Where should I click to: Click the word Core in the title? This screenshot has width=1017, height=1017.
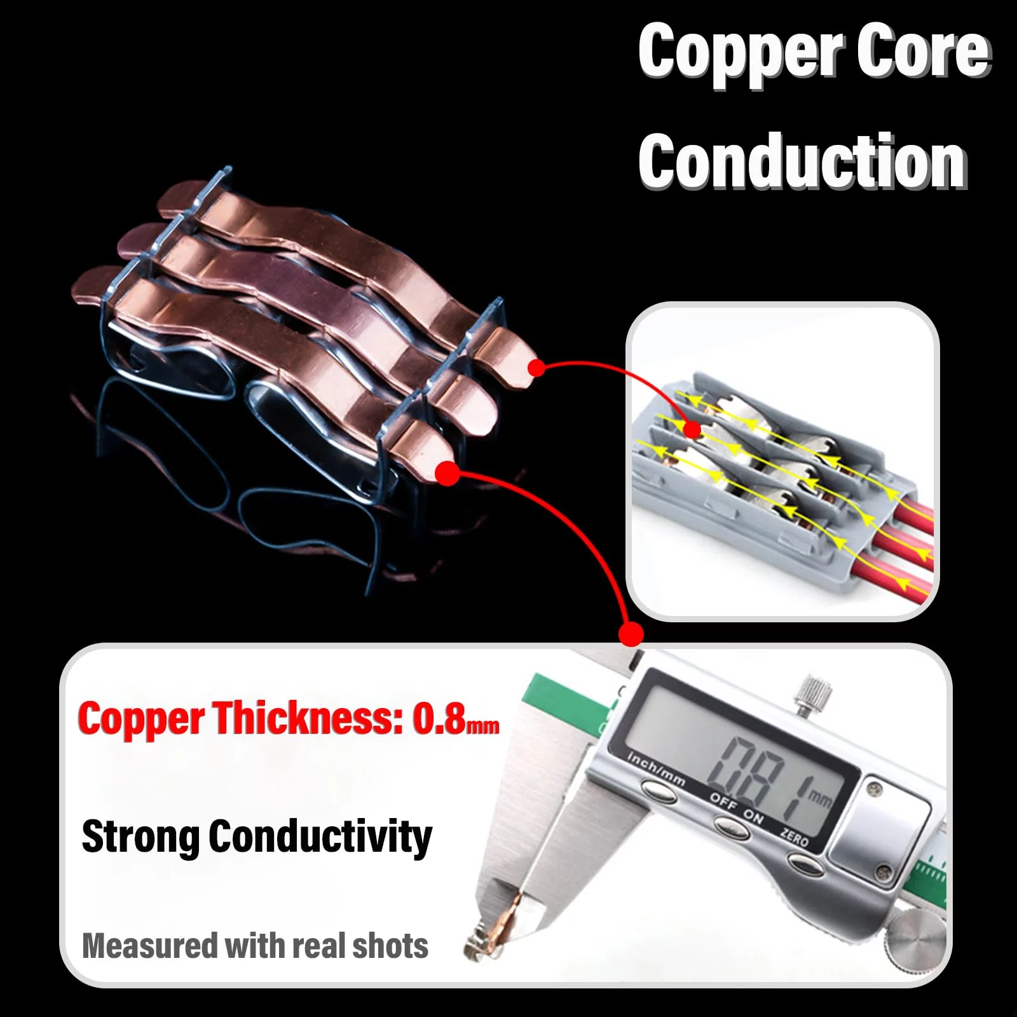tap(924, 51)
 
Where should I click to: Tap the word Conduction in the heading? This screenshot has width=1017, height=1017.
tap(802, 162)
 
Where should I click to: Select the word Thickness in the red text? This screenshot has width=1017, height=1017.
tap(308, 719)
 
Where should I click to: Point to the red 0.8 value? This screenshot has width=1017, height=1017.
tap(439, 719)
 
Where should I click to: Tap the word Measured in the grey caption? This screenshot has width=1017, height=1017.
tap(149, 946)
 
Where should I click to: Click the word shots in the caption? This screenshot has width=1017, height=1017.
tap(390, 946)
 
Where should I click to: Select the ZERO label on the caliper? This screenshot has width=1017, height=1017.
tap(795, 837)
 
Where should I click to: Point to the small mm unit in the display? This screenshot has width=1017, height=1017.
tap(819, 797)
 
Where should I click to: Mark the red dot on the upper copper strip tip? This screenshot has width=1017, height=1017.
tap(537, 367)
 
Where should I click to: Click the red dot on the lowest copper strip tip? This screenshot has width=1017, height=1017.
tap(447, 473)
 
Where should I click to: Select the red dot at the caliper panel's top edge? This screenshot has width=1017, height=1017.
tap(631, 634)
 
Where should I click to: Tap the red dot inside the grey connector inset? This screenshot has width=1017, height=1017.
tap(692, 430)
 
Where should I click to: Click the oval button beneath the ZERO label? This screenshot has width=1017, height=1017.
tap(804, 863)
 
